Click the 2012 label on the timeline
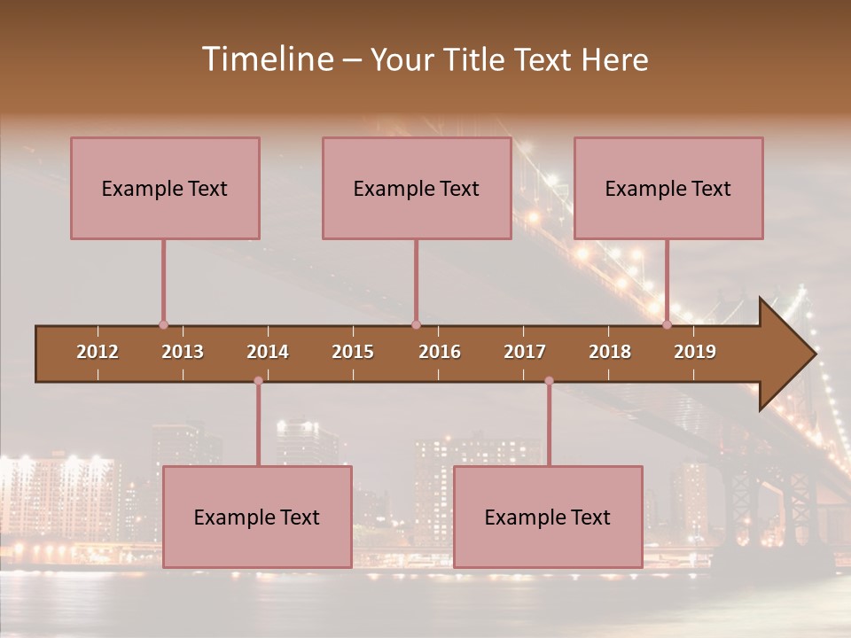click(x=98, y=352)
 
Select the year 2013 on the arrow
click(x=183, y=352)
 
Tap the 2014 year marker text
click(x=268, y=352)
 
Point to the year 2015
click(x=353, y=352)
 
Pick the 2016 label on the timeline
click(x=440, y=352)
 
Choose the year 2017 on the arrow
click(x=525, y=352)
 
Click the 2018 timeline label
click(x=610, y=352)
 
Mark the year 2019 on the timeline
click(x=695, y=352)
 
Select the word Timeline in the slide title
click(x=266, y=59)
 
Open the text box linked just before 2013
click(x=165, y=188)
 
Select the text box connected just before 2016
click(x=417, y=188)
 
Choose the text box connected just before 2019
click(x=668, y=188)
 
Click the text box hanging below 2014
click(x=257, y=517)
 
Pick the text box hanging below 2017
click(x=548, y=517)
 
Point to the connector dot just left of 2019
click(x=668, y=324)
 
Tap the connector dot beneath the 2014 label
click(x=258, y=381)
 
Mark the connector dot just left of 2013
click(x=163, y=324)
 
